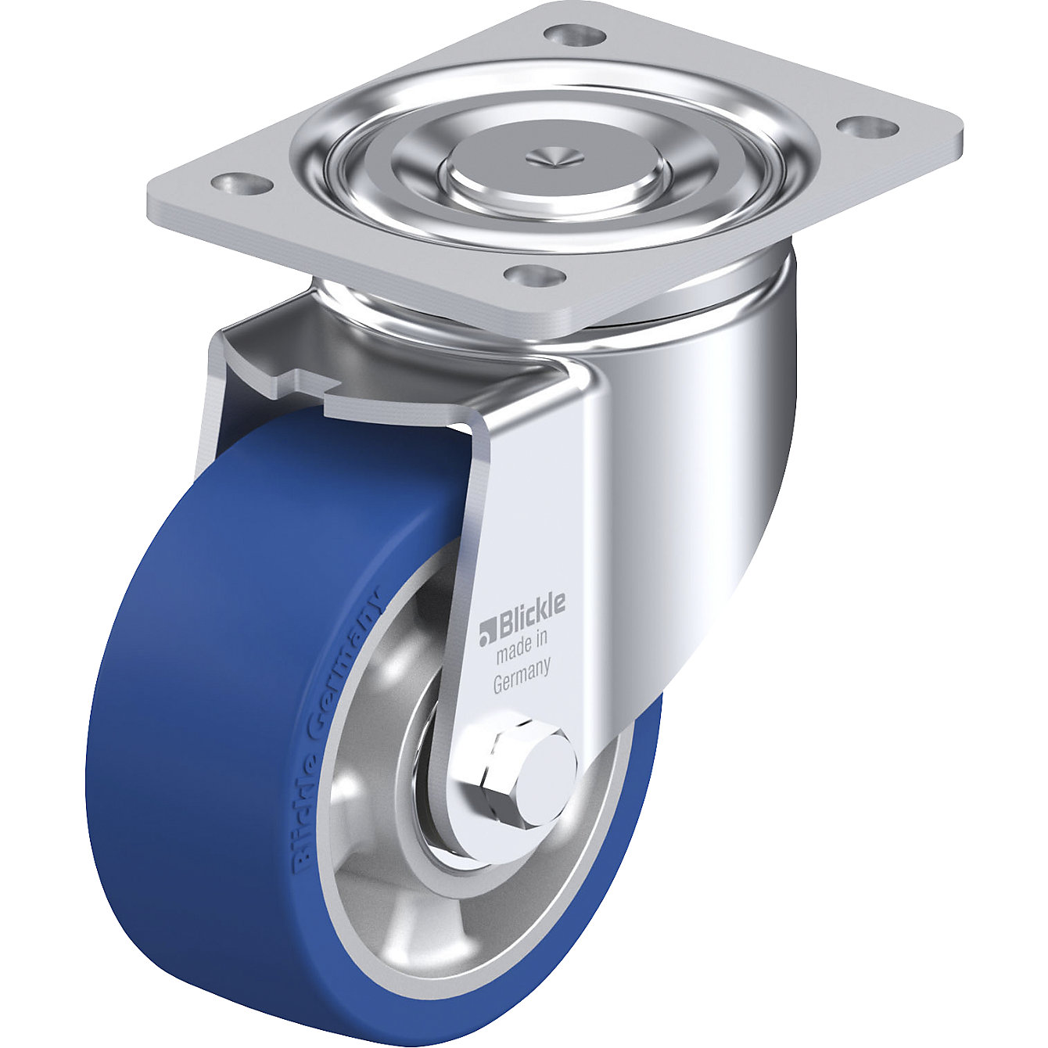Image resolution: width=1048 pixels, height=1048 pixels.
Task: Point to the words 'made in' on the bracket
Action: tap(520, 646)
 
